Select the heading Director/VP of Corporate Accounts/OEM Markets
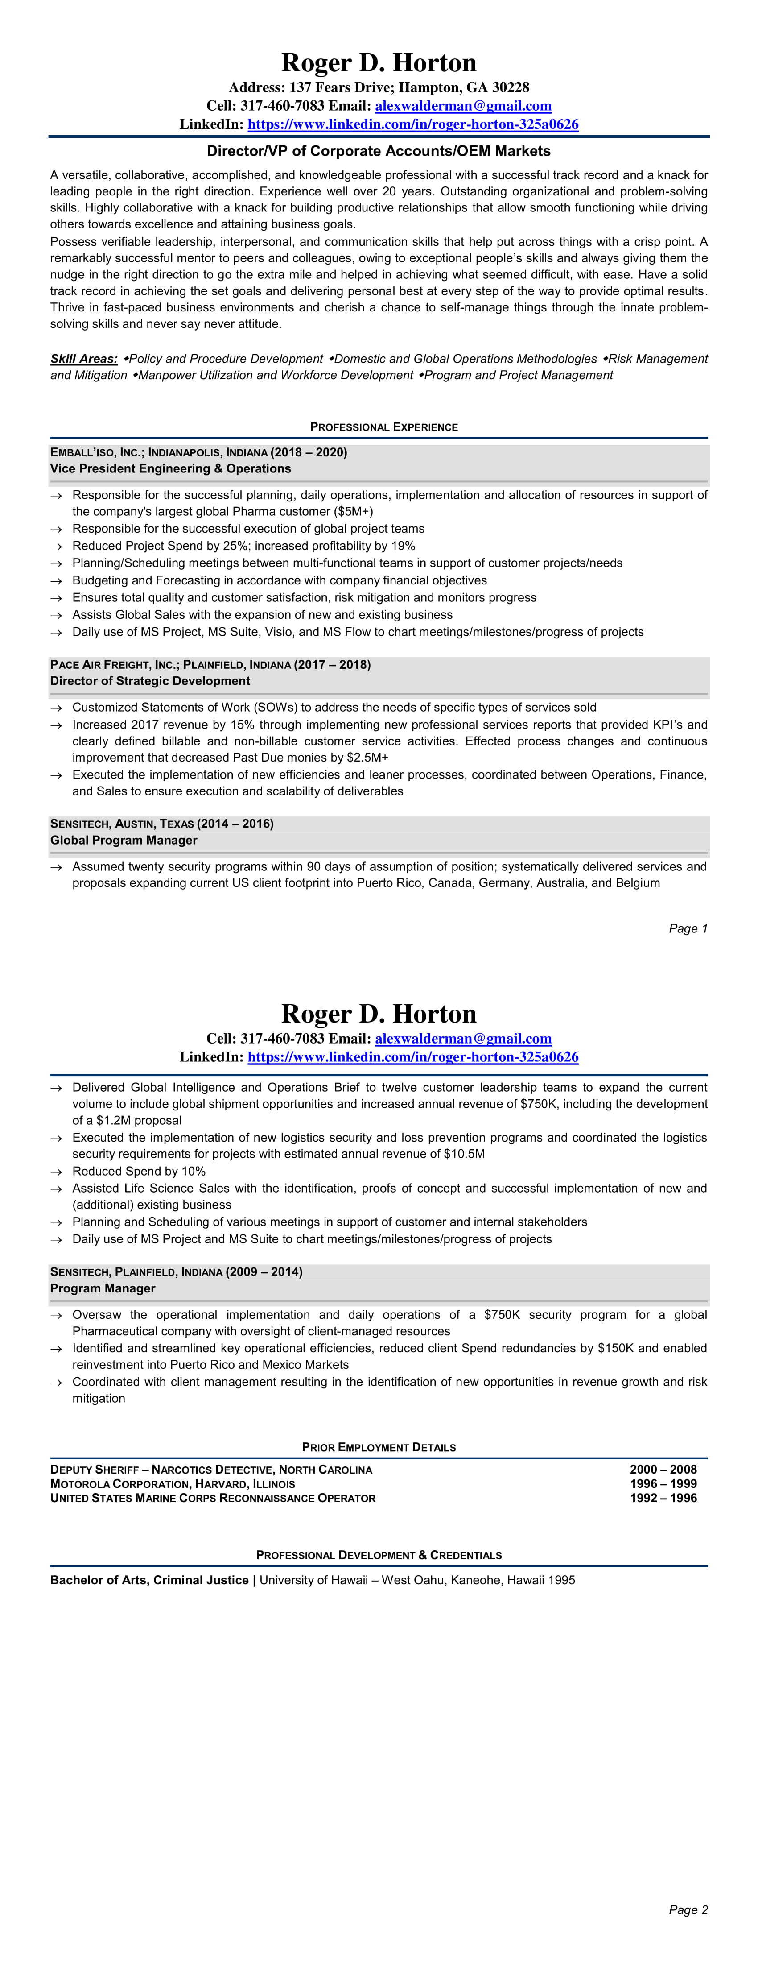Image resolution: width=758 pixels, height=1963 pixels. [x=379, y=151]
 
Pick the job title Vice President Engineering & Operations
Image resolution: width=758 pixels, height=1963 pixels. [x=171, y=468]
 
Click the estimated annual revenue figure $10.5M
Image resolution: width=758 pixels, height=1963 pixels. [x=464, y=1154]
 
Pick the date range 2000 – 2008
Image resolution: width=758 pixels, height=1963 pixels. [x=663, y=1469]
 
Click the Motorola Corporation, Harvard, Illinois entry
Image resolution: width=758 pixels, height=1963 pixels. [x=172, y=1484]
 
